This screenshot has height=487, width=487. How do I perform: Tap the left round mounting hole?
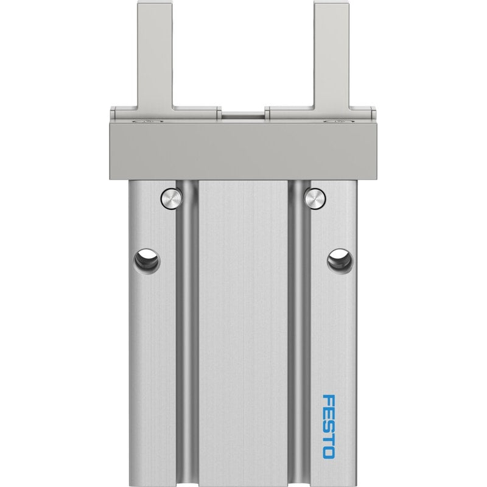click(147, 261)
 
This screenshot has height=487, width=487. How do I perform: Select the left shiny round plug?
click(171, 198)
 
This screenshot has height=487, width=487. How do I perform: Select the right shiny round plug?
click(315, 198)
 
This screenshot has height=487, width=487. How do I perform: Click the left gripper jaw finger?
click(155, 56)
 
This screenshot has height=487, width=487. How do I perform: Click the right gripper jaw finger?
click(332, 56)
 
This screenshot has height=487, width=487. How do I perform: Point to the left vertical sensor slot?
click(187, 332)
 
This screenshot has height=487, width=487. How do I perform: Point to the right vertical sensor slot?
click(299, 332)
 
